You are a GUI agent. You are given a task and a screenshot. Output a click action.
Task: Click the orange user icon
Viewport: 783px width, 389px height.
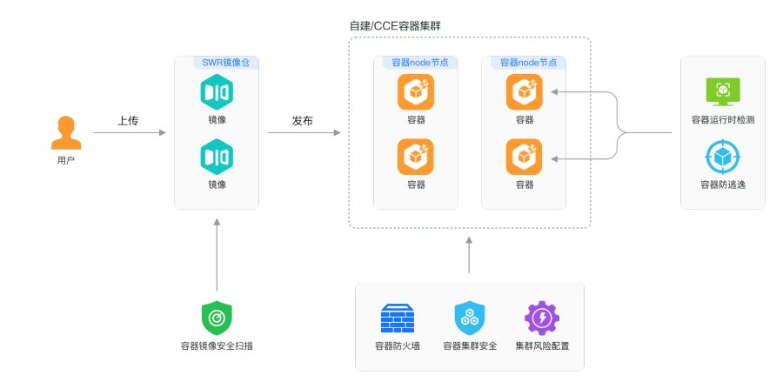pos(66,133)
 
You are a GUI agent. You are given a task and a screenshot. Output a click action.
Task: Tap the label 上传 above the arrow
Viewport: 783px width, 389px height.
pos(128,121)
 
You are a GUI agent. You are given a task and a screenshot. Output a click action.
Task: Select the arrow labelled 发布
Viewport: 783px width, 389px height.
pos(304,133)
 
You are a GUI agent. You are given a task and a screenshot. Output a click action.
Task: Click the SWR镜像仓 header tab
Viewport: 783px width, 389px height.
pos(225,63)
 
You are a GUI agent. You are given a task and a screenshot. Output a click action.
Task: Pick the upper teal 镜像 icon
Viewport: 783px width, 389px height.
pos(217,92)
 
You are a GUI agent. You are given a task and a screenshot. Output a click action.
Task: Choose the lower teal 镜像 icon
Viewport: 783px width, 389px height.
pos(217,157)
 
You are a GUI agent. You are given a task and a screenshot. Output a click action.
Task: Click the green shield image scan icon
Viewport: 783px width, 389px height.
pos(217,319)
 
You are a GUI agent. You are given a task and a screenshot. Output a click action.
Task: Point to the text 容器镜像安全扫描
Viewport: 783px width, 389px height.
pos(217,345)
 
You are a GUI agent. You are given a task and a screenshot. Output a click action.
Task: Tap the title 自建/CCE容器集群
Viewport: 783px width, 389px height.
pos(395,26)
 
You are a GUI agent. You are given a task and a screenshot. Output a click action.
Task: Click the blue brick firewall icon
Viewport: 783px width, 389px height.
pos(398,319)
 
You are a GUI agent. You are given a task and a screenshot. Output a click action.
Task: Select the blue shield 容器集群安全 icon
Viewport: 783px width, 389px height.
pos(470,319)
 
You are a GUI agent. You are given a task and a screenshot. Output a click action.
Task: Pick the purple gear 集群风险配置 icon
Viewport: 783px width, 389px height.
pos(542,319)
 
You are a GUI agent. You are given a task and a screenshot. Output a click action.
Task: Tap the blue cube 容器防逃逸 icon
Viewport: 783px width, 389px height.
pos(723,157)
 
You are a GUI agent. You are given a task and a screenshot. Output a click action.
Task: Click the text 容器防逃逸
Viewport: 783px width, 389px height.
pos(723,184)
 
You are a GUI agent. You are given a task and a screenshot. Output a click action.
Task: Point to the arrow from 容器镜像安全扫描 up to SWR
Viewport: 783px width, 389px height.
pos(217,255)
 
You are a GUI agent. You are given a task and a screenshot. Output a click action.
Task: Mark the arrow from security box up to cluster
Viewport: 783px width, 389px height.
pos(469,255)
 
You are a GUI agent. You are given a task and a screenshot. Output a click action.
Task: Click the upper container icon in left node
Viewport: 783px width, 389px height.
pos(416,92)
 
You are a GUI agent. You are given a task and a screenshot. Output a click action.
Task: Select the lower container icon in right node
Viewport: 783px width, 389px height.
pos(525,157)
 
